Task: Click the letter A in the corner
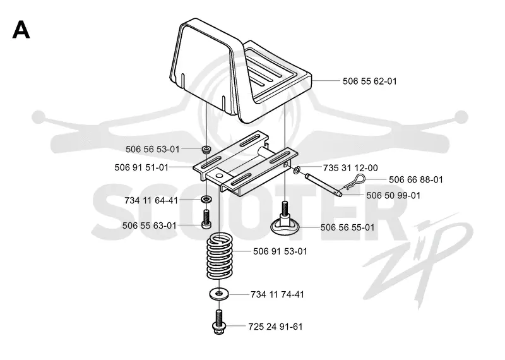tap(21, 30)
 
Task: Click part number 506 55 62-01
tap(369, 81)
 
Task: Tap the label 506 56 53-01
tap(152, 149)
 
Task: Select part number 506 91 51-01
tap(141, 167)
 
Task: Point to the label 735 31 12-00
tap(350, 168)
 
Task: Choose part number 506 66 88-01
tap(416, 179)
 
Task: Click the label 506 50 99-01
tap(393, 196)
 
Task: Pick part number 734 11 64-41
tap(151, 200)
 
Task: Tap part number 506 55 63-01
tap(150, 225)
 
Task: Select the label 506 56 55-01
tap(348, 227)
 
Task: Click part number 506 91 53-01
tap(280, 251)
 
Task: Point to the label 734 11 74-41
tap(277, 294)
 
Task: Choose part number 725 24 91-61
tap(275, 327)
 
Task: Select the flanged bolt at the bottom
tap(219, 321)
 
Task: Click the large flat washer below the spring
tap(219, 294)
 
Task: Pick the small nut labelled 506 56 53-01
tap(206, 149)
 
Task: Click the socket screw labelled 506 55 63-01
tap(206, 219)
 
